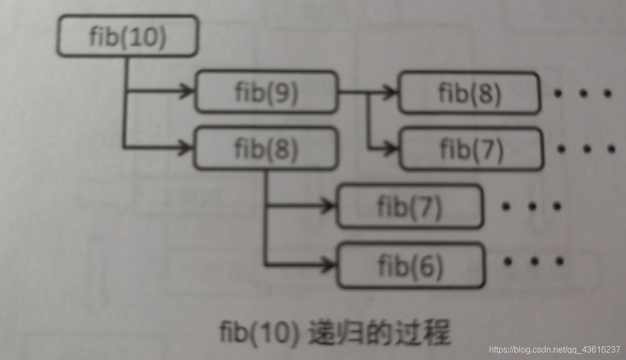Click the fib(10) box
[128, 37]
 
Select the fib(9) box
[266, 92]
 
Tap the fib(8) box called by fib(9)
[469, 93]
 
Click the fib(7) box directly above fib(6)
[409, 207]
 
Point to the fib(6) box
[411, 265]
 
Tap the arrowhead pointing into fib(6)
[328, 264]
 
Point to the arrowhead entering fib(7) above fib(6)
[328, 205]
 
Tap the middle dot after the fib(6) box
[534, 262]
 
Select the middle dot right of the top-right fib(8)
[583, 94]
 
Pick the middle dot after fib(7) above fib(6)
[531, 206]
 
